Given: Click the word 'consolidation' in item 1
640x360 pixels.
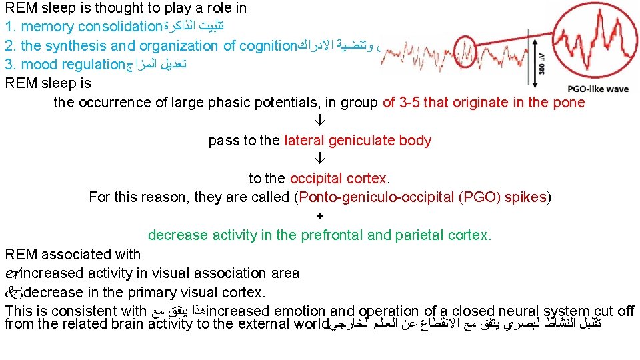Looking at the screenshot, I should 120,27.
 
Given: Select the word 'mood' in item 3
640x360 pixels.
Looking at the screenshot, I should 35,65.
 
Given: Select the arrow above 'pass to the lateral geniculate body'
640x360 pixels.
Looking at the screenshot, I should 319,122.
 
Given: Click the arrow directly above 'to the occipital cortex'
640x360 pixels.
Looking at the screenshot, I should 319,160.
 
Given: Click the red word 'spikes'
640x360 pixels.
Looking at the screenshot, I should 526,197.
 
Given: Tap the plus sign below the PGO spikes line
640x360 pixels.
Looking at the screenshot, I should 320,216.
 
